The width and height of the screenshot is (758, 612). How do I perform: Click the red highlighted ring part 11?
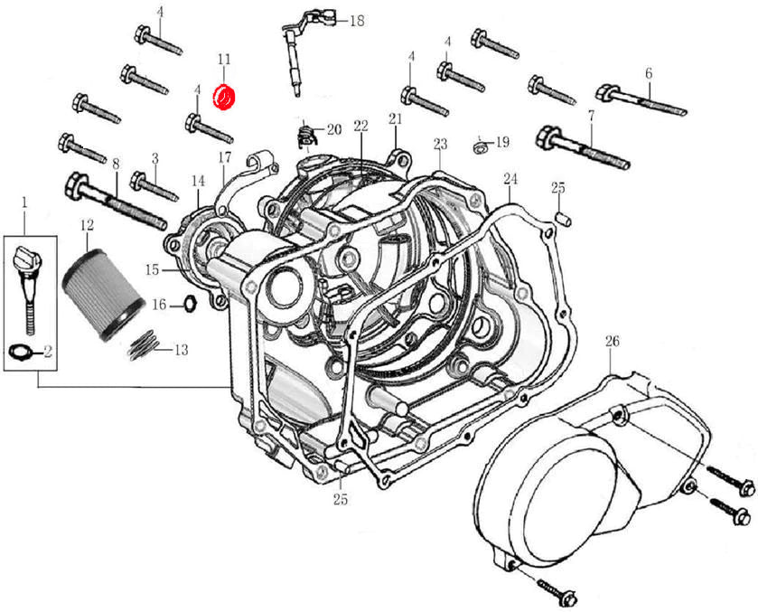(223, 96)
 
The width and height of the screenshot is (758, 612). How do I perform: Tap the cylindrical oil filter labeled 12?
(101, 286)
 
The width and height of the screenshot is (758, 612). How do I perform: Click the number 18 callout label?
(356, 20)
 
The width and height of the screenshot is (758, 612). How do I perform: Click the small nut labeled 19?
(480, 144)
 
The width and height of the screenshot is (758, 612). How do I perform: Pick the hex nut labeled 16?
(189, 303)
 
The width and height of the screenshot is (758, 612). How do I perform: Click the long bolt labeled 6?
(641, 99)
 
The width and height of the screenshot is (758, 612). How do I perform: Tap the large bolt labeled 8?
(114, 202)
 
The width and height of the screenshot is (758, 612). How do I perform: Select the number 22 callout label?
(360, 125)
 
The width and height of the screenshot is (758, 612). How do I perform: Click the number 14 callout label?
(198, 181)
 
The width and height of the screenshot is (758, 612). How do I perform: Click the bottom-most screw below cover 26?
(561, 592)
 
